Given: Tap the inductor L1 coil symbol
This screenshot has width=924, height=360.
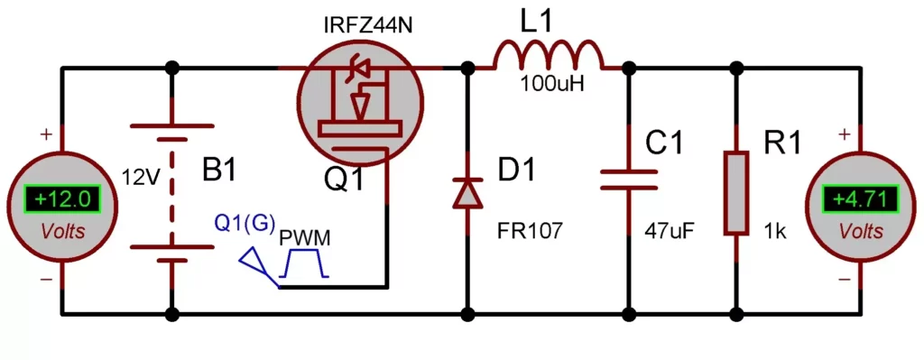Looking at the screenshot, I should click(x=548, y=56).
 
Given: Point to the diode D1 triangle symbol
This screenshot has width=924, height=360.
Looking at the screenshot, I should click(x=467, y=192).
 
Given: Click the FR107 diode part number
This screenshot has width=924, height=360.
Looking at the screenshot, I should click(x=530, y=231).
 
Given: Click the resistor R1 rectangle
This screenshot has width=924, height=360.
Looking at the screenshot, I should click(x=737, y=192).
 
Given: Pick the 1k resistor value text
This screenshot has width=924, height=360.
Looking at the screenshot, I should click(x=774, y=231).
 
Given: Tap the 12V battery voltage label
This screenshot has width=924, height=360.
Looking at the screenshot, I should click(x=140, y=177).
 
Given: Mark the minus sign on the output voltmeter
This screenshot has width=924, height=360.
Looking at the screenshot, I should click(x=844, y=279).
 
